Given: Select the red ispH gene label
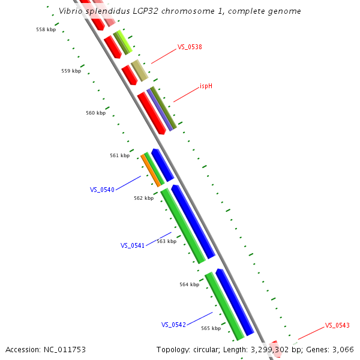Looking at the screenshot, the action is (x=206, y=86).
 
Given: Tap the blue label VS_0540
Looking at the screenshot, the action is (x=102, y=190).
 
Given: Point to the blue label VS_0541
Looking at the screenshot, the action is (x=133, y=245).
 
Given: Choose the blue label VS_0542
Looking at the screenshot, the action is (x=173, y=325).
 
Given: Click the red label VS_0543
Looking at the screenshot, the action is (x=337, y=325).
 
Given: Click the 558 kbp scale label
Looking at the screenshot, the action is (x=46, y=29).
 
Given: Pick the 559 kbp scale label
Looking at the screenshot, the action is (x=71, y=71).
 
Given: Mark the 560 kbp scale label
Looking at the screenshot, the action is (x=95, y=113).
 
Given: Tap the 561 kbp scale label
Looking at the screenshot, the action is (x=119, y=155).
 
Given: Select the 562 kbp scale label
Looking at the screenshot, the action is (x=143, y=198).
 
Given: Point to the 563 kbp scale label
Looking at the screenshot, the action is (x=166, y=241).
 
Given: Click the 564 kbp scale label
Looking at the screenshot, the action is (x=189, y=284).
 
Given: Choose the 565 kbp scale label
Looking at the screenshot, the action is (x=211, y=328).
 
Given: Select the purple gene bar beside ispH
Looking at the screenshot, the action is (x=160, y=110).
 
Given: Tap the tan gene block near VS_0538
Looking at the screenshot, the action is (x=139, y=71).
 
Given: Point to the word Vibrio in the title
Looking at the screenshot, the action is (x=71, y=11).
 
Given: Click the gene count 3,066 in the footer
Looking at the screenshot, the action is (x=343, y=349).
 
